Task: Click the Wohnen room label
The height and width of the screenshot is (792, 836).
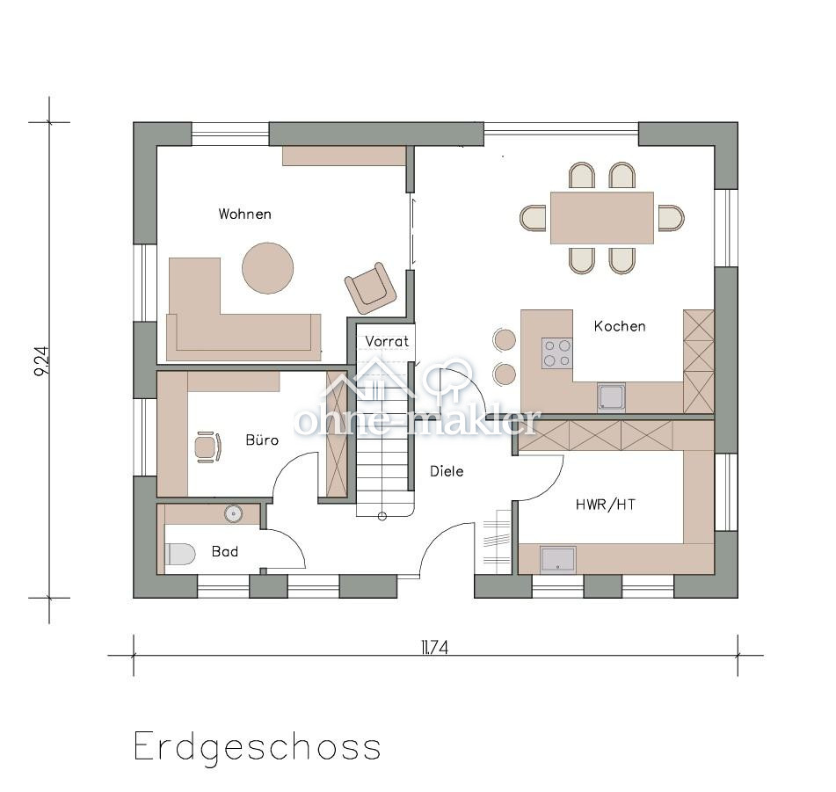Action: click(244, 214)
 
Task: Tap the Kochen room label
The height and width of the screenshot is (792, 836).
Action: click(619, 326)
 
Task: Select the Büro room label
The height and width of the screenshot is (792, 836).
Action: click(262, 440)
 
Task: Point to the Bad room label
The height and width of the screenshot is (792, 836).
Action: click(224, 551)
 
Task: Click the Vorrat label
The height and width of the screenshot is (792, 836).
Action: click(387, 341)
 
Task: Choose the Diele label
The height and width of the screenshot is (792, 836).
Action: click(447, 471)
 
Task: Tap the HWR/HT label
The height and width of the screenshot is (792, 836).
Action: click(605, 505)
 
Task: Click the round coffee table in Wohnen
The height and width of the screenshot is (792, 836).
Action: click(267, 267)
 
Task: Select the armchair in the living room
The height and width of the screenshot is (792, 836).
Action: click(370, 287)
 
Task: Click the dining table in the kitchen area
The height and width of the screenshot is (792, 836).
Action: click(602, 217)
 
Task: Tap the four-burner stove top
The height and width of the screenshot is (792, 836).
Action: click(556, 353)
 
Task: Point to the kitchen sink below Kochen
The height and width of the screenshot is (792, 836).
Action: click(611, 397)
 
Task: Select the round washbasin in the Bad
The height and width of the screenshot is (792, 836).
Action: click(233, 513)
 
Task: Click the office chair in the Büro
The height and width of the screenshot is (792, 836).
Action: click(207, 447)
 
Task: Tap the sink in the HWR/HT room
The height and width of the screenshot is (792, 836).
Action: click(557, 559)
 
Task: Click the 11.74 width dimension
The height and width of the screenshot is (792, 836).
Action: click(434, 648)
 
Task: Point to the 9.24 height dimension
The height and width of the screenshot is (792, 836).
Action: click(40, 360)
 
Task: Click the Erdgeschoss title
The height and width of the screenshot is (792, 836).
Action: click(257, 747)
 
